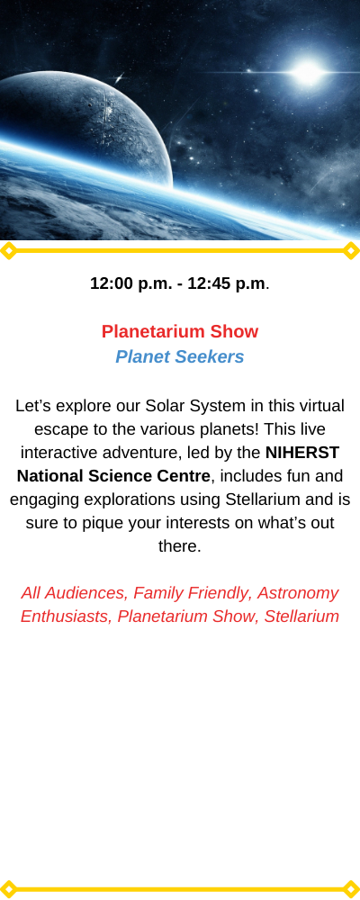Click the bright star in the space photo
(x=307, y=72)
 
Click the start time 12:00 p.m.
(x=130, y=283)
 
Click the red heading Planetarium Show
(x=180, y=332)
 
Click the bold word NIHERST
(x=302, y=453)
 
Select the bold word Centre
(x=184, y=476)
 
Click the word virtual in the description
(x=319, y=406)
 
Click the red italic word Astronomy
(x=298, y=593)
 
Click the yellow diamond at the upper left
(x=8, y=251)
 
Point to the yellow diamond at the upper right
(x=351, y=251)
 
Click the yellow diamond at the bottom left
(x=8, y=889)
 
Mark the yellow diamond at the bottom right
(x=351, y=889)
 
